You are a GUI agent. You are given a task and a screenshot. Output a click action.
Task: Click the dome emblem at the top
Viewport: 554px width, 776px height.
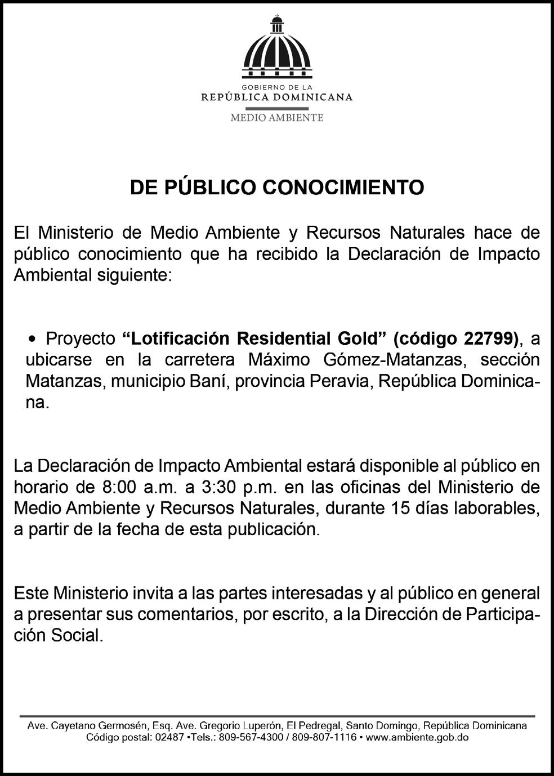276,48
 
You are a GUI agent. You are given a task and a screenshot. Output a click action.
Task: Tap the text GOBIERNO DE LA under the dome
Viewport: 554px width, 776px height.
276,88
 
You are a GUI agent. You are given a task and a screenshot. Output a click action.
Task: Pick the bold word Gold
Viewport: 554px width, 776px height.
361,338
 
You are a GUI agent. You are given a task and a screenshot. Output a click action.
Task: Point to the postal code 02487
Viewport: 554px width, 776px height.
169,738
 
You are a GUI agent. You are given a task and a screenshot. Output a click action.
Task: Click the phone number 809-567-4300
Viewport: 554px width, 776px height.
251,738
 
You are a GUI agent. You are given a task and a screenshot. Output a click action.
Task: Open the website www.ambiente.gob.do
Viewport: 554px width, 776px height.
417,738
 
